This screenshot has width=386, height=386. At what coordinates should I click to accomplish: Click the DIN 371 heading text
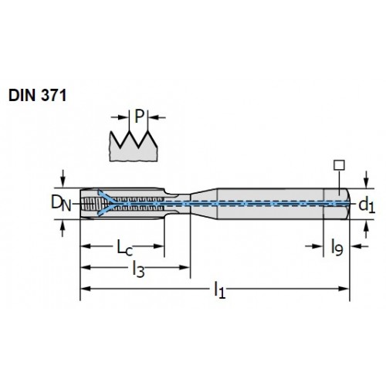38,96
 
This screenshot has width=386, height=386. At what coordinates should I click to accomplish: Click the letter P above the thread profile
139,117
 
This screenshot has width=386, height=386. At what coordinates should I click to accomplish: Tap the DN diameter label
61,203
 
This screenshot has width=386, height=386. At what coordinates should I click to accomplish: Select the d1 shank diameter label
367,206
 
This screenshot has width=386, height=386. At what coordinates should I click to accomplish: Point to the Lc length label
125,248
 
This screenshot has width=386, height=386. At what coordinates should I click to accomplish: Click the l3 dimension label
138,269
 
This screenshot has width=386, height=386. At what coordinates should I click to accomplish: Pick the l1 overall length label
220,290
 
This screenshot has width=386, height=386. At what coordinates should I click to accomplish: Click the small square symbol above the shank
339,165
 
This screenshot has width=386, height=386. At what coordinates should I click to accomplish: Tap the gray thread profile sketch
134,146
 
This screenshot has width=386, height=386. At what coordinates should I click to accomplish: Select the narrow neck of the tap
177,203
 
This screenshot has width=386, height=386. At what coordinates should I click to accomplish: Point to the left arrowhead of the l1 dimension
86,289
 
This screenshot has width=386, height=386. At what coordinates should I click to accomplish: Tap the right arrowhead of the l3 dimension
185,267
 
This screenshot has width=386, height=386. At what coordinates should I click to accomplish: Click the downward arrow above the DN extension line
63,178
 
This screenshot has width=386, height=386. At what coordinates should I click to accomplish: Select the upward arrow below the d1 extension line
367,229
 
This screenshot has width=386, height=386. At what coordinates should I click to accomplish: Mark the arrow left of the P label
120,117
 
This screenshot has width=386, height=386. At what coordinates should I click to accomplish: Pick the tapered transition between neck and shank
204,203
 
